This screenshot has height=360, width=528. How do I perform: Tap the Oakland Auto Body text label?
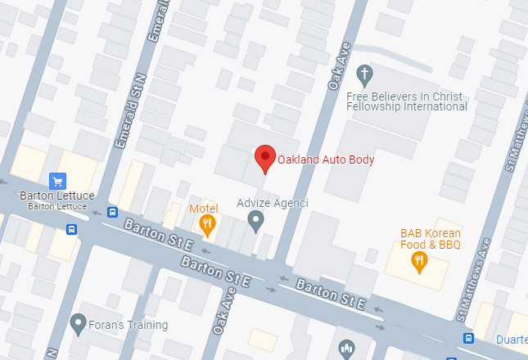(x=326, y=160)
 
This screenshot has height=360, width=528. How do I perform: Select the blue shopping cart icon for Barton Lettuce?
(x=57, y=181)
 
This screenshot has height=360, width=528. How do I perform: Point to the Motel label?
(x=203, y=209)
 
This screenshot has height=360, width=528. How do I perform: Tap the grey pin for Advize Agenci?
(x=256, y=220)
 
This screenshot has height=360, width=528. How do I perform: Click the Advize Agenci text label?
(x=272, y=203)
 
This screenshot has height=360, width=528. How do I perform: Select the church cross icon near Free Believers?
(x=365, y=76)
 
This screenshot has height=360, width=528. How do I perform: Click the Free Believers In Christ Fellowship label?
(x=407, y=101)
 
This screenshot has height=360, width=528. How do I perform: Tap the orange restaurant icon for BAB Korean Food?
(x=420, y=262)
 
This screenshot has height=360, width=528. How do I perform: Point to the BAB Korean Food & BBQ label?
(x=431, y=239)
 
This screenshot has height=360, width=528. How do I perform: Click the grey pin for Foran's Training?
(x=79, y=324)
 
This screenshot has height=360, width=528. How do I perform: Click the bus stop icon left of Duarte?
(x=468, y=339)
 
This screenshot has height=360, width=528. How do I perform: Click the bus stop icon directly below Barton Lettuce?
(x=72, y=229)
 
